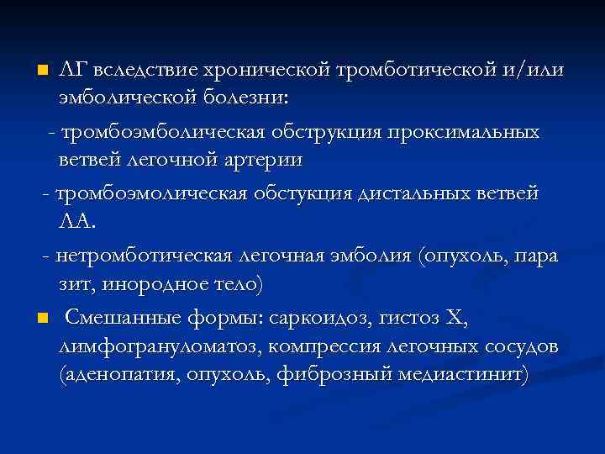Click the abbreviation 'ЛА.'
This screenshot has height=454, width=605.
coord(78,222)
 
